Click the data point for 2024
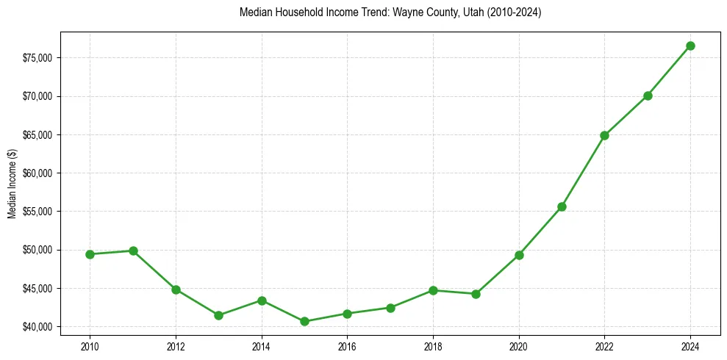click(x=690, y=46)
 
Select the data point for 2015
click(x=304, y=321)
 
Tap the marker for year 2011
click(x=133, y=251)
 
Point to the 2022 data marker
click(x=604, y=135)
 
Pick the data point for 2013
click(x=218, y=315)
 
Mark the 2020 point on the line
click(x=519, y=255)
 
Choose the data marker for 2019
click(x=476, y=294)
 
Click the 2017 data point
click(x=390, y=308)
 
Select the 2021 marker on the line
click(x=562, y=206)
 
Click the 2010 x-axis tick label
click(x=90, y=345)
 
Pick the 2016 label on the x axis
click(x=347, y=345)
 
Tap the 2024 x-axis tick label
click(x=690, y=345)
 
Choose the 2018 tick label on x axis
click(x=433, y=345)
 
